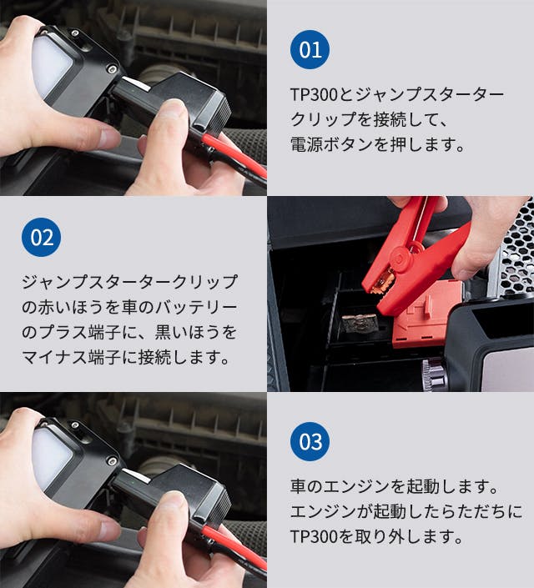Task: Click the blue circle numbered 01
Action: pos(310,49)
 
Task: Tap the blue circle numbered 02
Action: pos(41,237)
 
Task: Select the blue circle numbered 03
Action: pos(310,441)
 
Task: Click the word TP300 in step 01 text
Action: pos(314,94)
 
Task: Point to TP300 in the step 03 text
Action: pos(314,536)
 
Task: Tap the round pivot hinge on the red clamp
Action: pos(402,258)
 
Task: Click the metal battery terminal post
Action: pos(360,324)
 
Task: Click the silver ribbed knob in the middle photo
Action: pos(435,374)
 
